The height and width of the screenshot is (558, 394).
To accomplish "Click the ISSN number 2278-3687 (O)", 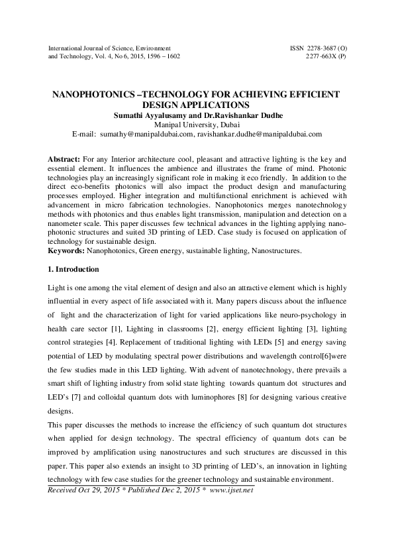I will click(319, 48).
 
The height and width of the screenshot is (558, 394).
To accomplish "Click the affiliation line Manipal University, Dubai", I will click(196, 124).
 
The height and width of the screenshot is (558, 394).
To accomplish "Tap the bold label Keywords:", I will click(67, 252).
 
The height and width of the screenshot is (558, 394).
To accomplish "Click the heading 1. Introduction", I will click(74, 270).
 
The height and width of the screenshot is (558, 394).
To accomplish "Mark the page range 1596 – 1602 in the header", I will click(161, 57).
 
